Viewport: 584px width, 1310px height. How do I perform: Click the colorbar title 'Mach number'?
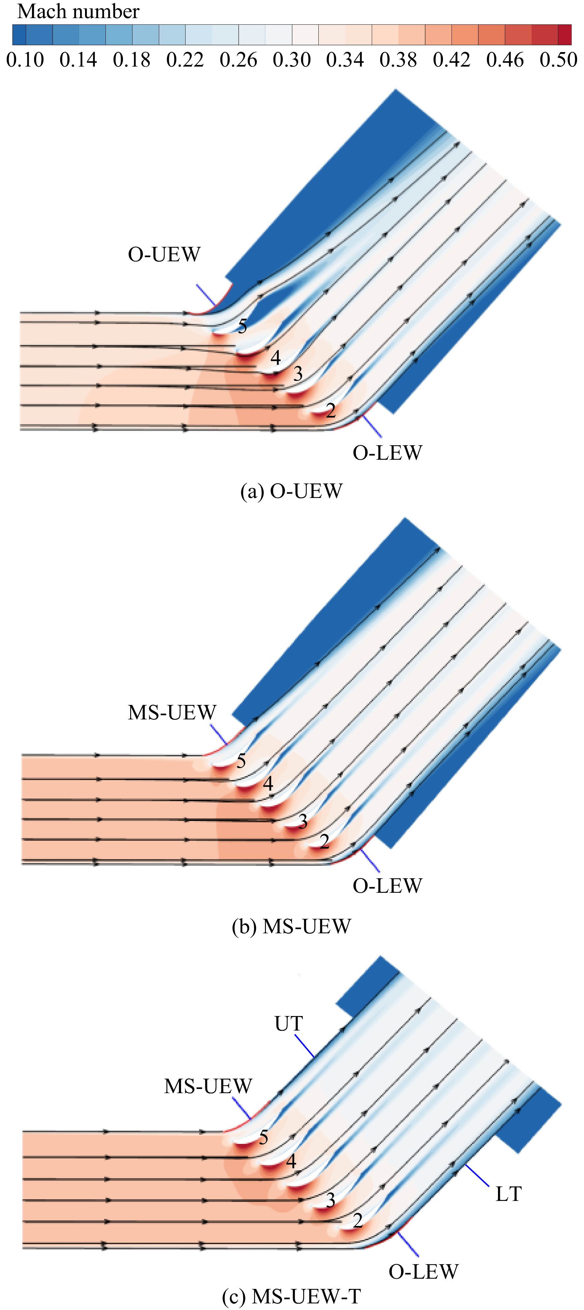click(78, 11)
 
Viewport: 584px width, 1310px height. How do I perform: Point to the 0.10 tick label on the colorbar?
click(25, 60)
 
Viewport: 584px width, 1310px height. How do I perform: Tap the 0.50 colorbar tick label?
click(559, 60)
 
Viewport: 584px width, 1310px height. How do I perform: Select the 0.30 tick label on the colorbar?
click(291, 60)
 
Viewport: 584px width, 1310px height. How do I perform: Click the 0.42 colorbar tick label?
click(452, 60)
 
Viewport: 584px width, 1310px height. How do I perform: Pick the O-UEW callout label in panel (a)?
click(164, 254)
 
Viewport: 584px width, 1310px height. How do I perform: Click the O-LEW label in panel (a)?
click(388, 452)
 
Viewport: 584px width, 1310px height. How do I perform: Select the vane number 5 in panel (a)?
click(243, 326)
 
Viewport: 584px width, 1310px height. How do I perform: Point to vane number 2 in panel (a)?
click(331, 410)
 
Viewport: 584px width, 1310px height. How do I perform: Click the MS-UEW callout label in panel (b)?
click(172, 713)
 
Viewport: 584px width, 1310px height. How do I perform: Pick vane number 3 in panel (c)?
click(331, 1201)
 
